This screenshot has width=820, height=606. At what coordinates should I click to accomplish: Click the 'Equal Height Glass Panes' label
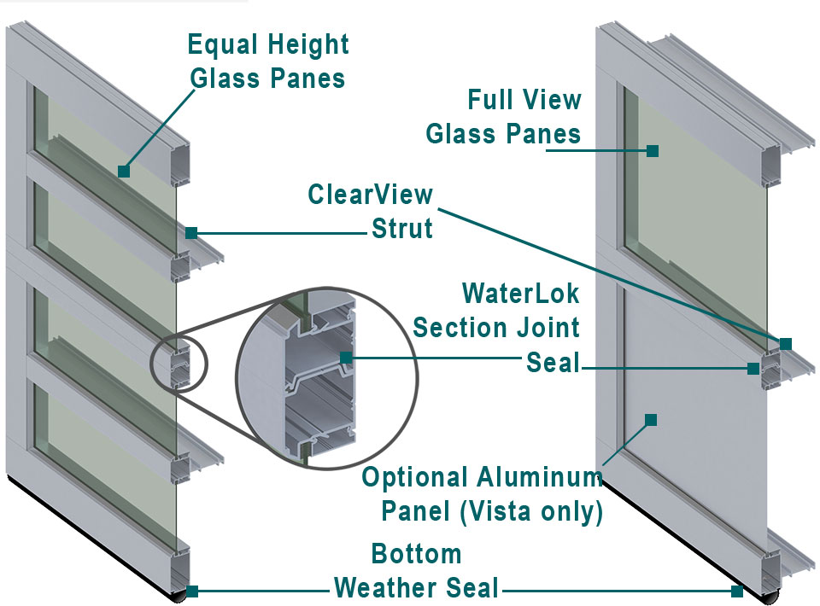(267, 61)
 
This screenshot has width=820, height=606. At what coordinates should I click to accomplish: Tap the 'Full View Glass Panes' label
(504, 117)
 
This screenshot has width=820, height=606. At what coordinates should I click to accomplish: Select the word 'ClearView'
(371, 195)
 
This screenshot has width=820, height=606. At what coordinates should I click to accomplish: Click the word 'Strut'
(401, 229)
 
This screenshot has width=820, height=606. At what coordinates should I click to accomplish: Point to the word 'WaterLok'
(520, 294)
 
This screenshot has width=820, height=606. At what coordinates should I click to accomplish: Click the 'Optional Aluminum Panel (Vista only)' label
(483, 494)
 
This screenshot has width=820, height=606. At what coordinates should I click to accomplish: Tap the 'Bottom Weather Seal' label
(416, 571)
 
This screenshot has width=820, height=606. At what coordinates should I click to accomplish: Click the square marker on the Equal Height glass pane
(124, 172)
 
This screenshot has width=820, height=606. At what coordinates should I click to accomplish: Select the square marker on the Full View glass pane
(653, 151)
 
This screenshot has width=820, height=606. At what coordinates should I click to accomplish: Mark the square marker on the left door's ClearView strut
(191, 232)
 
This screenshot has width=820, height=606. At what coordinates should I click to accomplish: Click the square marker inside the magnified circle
(345, 357)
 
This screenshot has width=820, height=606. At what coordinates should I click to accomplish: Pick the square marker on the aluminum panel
(651, 419)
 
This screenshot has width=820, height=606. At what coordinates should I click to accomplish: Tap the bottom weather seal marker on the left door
(192, 591)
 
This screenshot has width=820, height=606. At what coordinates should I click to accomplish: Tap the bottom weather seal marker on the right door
(737, 591)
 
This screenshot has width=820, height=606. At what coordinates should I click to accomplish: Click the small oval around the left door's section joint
(178, 363)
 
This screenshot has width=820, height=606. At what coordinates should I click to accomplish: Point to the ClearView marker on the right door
(785, 343)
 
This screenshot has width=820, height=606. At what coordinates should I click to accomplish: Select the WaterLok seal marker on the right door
(753, 369)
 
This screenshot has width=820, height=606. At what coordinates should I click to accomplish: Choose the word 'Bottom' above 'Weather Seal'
(416, 554)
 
